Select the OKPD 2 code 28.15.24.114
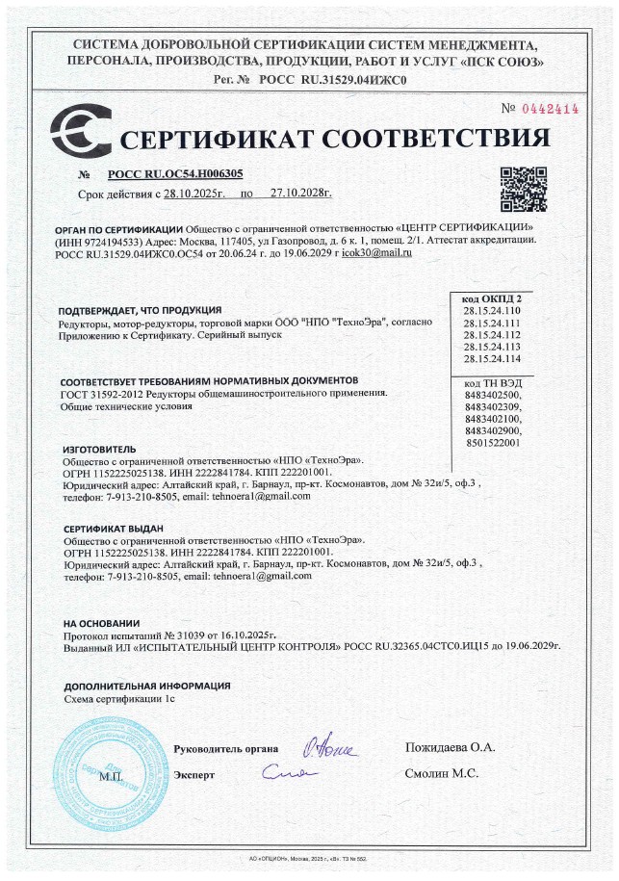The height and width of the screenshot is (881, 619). tap(492, 358)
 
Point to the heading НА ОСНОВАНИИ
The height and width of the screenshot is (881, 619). tap(102, 623)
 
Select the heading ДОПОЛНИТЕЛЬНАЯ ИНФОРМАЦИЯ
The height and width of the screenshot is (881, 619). tap(147, 686)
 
